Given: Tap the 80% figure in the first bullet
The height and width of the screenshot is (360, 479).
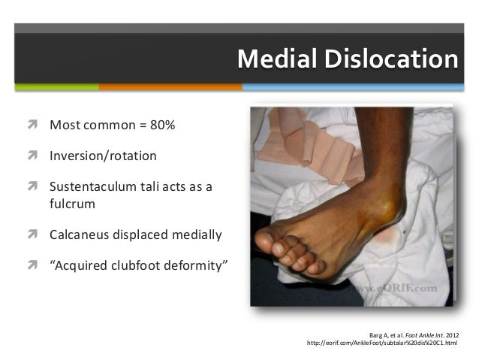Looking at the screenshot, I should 161,124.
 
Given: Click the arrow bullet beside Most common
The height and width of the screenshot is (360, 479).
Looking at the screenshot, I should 35,124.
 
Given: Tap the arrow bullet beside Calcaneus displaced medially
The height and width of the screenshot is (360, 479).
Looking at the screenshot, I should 35,234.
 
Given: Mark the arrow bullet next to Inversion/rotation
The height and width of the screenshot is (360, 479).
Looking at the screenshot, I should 35,156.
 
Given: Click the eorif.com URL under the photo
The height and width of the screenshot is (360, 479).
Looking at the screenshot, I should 382,343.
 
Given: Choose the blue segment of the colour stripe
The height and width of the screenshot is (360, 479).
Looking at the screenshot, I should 360,86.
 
